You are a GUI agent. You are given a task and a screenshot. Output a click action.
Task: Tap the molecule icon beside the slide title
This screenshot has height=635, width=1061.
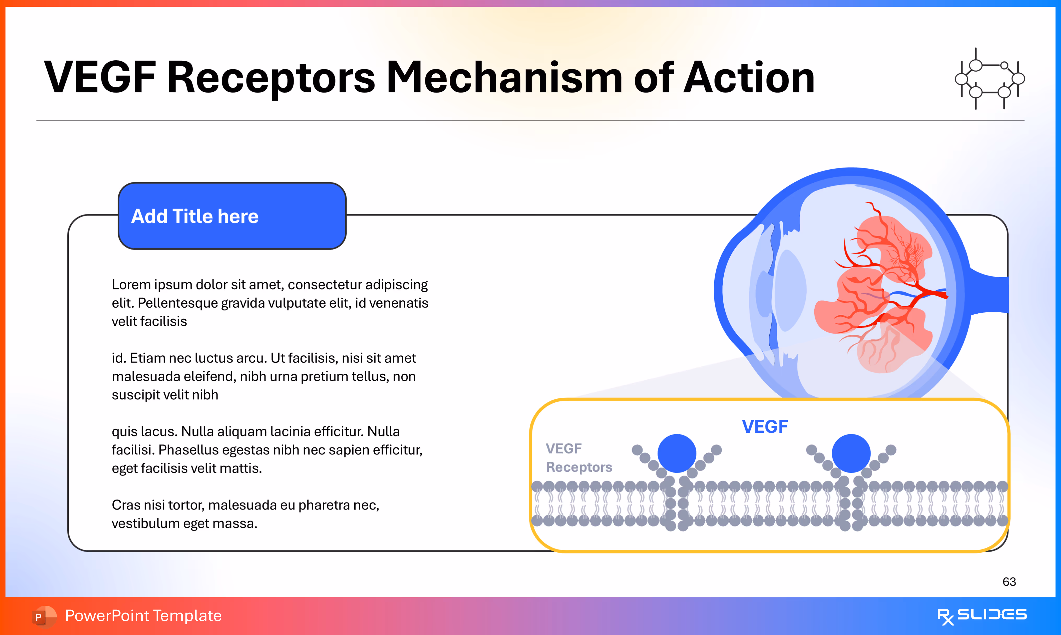click(x=990, y=79)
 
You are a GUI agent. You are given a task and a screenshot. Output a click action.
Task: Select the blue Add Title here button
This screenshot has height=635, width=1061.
click(x=232, y=216)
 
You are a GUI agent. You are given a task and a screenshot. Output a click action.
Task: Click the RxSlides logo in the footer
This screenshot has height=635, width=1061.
click(x=982, y=616)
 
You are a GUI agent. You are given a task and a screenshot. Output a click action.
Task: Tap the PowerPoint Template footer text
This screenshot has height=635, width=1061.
click(x=143, y=616)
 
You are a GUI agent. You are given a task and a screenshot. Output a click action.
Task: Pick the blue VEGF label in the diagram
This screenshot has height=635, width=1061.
click(x=764, y=427)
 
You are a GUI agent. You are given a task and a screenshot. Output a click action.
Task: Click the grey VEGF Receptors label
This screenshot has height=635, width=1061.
click(x=578, y=458)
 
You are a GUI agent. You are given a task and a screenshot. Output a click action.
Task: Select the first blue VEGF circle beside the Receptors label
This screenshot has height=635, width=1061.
click(x=677, y=453)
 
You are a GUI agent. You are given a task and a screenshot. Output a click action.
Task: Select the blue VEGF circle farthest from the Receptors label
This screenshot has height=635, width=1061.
click(x=851, y=453)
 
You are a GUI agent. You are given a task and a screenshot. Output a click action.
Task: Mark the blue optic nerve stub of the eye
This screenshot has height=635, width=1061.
click(x=993, y=295)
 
